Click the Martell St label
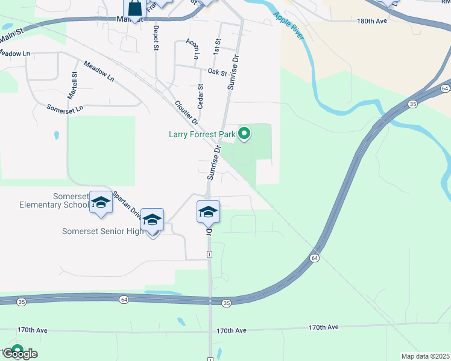(x=72, y=86)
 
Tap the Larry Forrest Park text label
(x=202, y=134)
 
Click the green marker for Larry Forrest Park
(x=244, y=133)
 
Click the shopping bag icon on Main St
(x=134, y=8)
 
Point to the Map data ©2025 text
(x=425, y=356)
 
